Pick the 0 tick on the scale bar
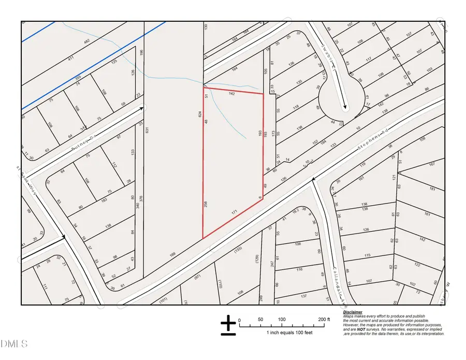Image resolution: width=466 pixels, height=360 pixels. pos(239,320)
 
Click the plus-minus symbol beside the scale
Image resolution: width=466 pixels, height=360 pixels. pos(228,325)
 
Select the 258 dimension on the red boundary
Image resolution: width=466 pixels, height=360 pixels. pos(206,205)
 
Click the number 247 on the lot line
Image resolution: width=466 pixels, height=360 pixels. pos(271,264)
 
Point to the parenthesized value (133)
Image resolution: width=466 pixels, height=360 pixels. pos(238,250)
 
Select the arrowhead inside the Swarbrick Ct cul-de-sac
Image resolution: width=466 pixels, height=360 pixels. pos(345,108)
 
